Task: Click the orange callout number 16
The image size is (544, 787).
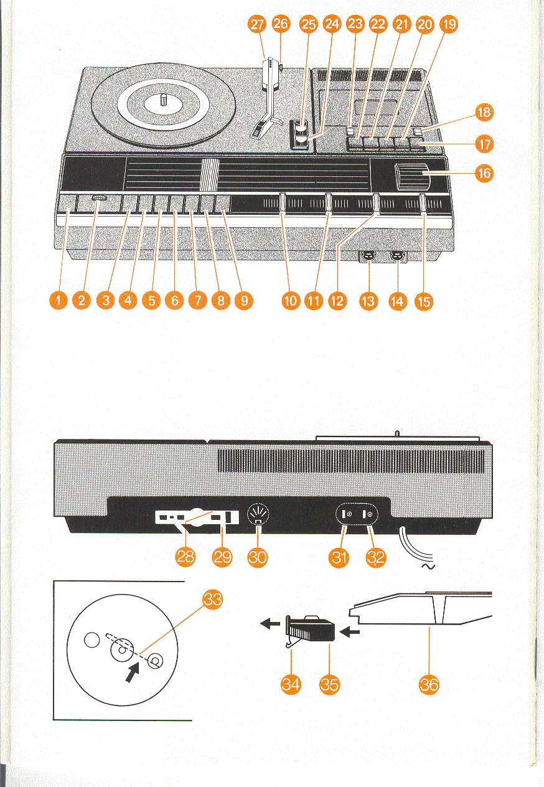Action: (484, 174)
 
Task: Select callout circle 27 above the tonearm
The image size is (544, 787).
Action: (256, 24)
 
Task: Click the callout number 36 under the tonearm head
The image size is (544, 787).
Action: (429, 685)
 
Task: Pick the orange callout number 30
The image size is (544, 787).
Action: (258, 557)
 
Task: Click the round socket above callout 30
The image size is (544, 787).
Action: (257, 516)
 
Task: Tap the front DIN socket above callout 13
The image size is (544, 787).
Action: (369, 255)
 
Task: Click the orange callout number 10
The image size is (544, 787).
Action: (291, 301)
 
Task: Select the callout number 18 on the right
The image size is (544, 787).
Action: (484, 113)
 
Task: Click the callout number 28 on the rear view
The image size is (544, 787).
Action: (186, 557)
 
